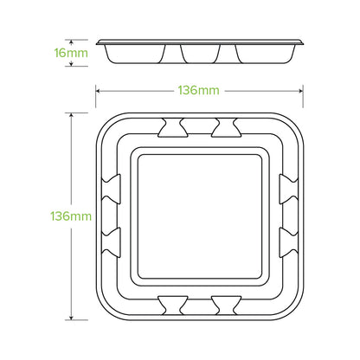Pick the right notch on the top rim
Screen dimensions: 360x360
[228, 131]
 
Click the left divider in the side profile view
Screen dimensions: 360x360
[182, 54]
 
